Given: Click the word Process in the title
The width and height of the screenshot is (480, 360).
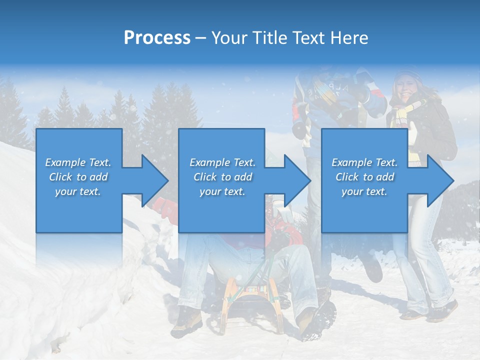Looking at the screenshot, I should [x=157, y=38].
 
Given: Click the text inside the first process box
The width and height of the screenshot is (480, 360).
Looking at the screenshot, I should [x=78, y=177].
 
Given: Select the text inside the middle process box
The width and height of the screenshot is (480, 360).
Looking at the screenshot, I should [x=222, y=177].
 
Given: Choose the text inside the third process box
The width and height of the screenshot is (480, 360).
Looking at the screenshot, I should [x=364, y=177].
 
